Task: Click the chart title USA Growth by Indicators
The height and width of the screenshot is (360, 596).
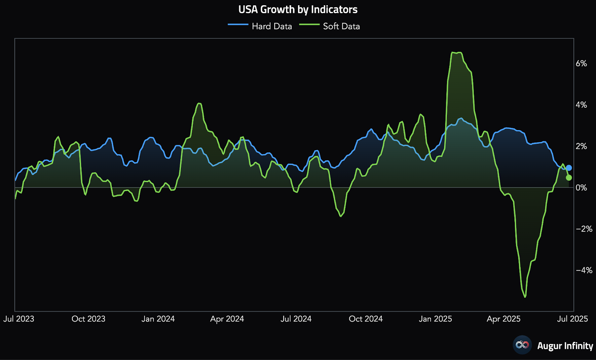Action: [298, 9]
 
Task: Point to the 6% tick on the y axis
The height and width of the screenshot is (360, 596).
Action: [581, 63]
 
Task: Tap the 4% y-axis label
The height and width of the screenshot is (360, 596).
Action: [581, 105]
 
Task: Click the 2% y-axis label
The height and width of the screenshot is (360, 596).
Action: [581, 146]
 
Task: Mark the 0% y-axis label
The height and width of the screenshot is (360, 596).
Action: [581, 187]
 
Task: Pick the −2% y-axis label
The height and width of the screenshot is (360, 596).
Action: [584, 229]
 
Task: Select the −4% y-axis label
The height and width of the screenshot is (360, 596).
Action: [584, 270]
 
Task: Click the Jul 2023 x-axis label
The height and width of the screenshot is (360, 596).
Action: [19, 319]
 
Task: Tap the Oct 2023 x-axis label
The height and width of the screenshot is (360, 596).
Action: [88, 319]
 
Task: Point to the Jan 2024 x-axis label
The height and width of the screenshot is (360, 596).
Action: [158, 319]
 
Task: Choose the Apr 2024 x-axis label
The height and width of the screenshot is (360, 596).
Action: [227, 319]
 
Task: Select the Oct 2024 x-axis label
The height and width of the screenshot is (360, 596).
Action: [365, 319]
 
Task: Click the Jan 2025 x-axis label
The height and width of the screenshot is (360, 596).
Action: [435, 319]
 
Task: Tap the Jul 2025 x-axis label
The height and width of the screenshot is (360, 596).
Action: [572, 319]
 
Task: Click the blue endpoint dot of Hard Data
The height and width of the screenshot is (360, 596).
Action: [569, 168]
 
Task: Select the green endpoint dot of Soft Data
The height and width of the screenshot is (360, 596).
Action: [569, 178]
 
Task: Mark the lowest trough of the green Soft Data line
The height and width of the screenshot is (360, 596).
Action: [525, 297]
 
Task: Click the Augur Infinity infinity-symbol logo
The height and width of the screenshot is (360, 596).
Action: [522, 345]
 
